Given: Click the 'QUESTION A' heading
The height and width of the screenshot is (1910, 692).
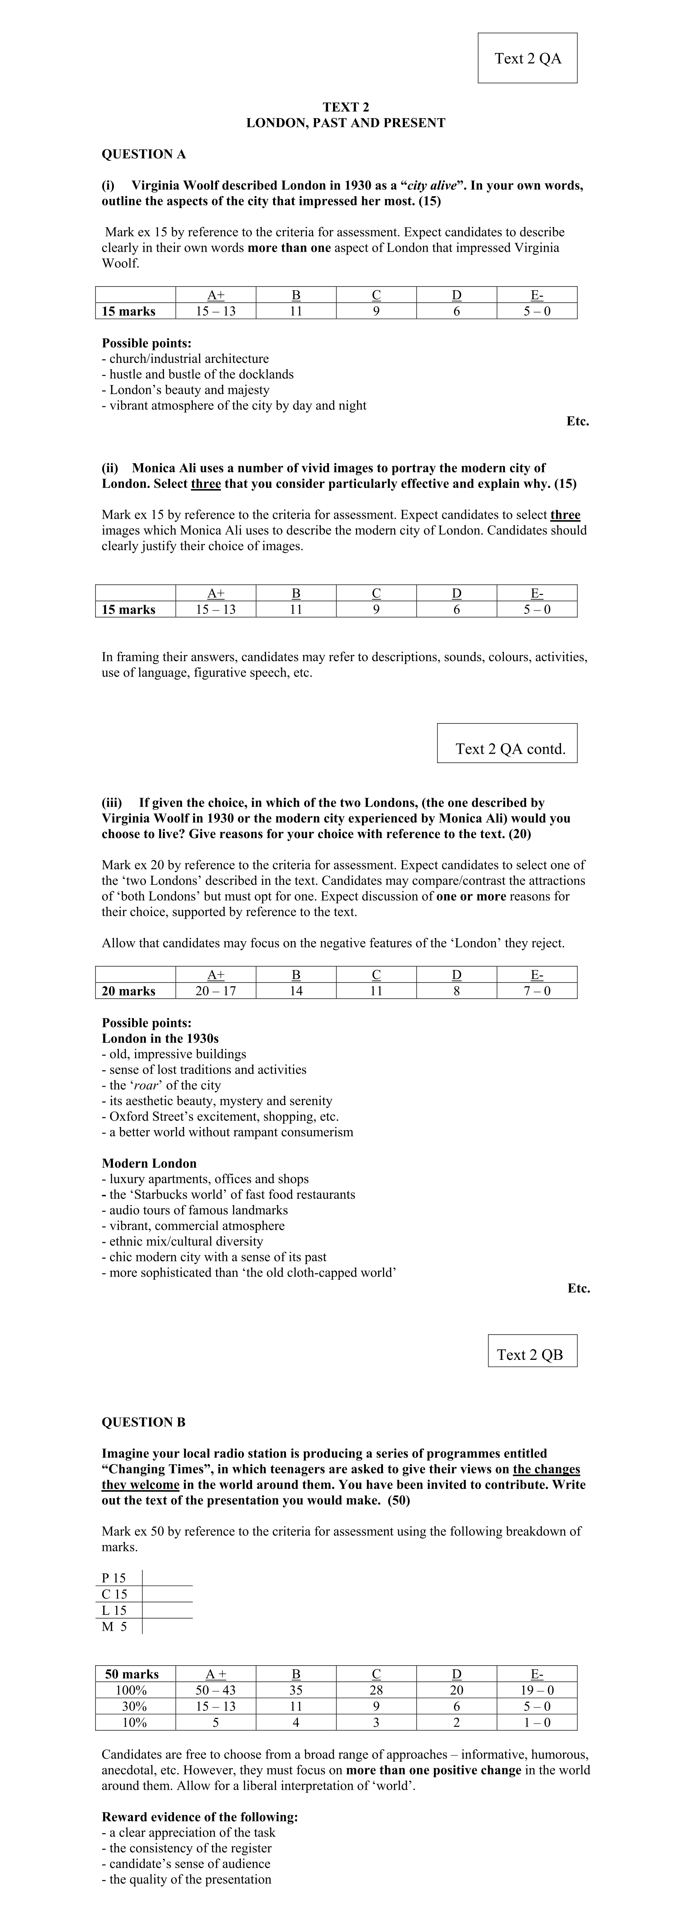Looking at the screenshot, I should click(144, 154).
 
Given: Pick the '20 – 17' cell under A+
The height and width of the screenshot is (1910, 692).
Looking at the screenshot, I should click(216, 991).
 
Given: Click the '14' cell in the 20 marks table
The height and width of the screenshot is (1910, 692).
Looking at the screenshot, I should click(296, 991).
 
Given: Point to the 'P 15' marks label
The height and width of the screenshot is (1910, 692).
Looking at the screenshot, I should click(114, 1578).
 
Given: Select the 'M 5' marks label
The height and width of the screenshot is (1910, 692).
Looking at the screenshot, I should click(114, 1626).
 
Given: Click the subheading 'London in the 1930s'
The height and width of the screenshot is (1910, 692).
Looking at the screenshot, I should click(160, 1038).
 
